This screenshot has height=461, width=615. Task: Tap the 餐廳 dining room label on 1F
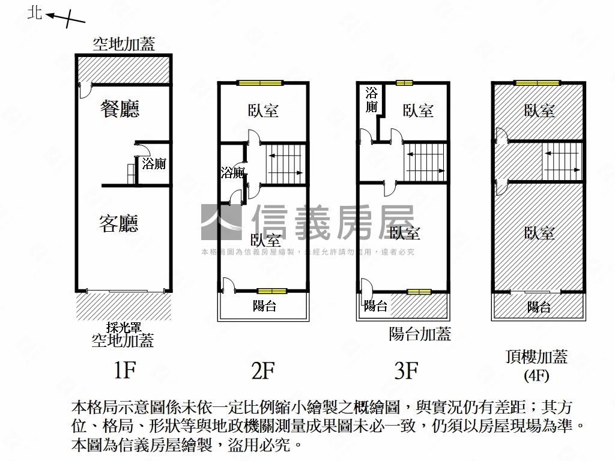(120, 109)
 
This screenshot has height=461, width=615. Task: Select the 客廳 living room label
(118, 223)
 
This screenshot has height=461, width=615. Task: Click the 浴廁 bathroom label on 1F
(154, 163)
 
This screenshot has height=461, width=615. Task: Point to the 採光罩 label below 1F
(123, 328)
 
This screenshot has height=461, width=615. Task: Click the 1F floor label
(125, 370)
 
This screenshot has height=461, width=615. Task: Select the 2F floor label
(263, 370)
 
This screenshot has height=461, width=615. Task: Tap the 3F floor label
(407, 370)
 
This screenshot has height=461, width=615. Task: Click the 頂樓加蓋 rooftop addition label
(536, 357)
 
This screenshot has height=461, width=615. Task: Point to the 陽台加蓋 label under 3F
(420, 334)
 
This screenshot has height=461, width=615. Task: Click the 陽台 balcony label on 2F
(264, 306)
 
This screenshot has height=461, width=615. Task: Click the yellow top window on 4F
(536, 83)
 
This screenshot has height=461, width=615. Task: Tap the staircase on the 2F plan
(285, 163)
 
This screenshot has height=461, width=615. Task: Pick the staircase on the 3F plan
(425, 162)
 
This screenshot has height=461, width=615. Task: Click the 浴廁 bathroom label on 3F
(371, 100)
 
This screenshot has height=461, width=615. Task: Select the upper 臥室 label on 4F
(539, 110)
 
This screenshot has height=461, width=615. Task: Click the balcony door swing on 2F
(228, 285)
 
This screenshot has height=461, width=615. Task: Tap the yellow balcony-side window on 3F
(419, 292)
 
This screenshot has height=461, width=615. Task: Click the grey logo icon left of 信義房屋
(221, 222)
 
